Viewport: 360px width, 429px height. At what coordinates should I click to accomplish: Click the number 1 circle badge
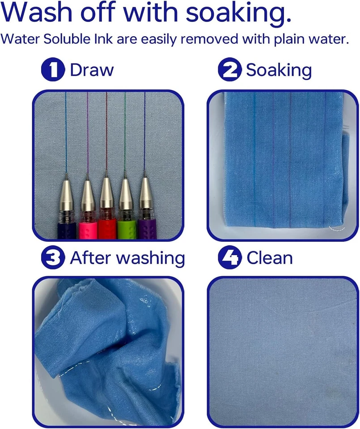(x=53, y=71)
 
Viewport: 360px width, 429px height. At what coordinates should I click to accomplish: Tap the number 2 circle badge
(x=229, y=71)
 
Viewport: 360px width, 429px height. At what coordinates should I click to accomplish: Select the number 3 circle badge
(x=53, y=258)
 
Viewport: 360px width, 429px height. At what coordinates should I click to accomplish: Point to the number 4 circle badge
(x=229, y=258)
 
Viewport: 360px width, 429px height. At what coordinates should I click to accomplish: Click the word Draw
(x=92, y=71)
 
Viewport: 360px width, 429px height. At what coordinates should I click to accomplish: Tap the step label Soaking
(x=279, y=71)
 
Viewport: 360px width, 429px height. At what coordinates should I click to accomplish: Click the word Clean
(x=269, y=258)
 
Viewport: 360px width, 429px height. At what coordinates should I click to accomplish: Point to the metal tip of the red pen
(x=106, y=192)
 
